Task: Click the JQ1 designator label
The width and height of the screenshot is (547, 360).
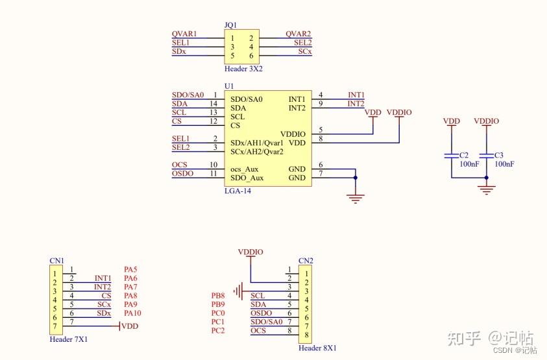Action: tap(230, 25)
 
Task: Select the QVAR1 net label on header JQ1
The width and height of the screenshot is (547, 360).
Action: tap(184, 34)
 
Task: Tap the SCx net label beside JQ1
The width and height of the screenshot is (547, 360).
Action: tap(305, 51)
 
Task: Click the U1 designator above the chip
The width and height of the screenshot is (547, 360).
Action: tap(228, 86)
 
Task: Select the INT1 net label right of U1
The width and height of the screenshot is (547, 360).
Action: tap(356, 95)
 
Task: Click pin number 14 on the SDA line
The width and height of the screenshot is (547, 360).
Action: tap(213, 104)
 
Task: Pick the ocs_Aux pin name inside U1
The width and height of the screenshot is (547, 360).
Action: tap(244, 169)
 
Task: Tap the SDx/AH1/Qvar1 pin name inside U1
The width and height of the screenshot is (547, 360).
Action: tap(256, 143)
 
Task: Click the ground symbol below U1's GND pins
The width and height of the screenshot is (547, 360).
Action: tap(355, 197)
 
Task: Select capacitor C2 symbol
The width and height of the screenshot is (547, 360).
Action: tap(450, 156)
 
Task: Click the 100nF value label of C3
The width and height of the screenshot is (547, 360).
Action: tap(504, 164)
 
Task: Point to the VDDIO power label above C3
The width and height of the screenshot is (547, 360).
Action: tap(487, 121)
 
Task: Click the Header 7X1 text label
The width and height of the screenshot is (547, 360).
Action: tap(69, 339)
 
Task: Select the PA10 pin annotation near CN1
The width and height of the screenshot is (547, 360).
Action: tap(133, 313)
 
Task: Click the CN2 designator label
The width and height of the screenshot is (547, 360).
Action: tap(306, 261)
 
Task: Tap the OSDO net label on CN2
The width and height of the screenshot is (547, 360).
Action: tap(261, 313)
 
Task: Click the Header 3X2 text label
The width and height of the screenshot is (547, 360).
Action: tap(243, 68)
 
